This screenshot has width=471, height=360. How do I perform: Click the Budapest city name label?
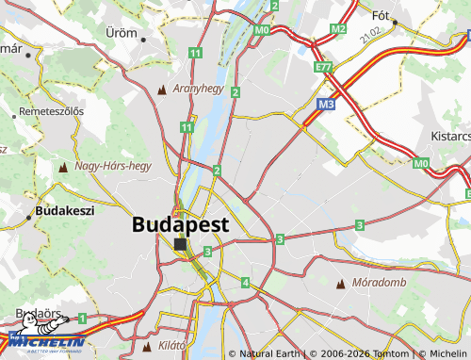click(181, 224)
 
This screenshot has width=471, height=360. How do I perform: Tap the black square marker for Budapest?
click(180, 243)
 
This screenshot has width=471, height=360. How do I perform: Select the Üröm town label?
click(121, 31)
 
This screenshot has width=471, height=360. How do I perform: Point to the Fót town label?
click(382, 15)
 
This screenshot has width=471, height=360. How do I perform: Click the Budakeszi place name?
click(65, 211)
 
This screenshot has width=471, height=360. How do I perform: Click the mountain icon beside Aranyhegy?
click(162, 90)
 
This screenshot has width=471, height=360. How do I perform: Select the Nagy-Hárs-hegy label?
click(113, 166)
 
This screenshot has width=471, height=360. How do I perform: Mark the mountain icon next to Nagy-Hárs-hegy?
click(63, 167)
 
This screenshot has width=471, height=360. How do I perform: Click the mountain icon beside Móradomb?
click(340, 283)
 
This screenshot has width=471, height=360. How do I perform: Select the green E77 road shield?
click(324, 67)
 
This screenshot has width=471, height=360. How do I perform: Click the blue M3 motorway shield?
click(326, 105)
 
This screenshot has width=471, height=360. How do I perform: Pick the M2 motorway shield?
click(338, 29)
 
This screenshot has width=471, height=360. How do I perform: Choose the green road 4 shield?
click(245, 282)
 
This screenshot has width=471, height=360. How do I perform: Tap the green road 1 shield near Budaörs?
click(82, 319)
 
